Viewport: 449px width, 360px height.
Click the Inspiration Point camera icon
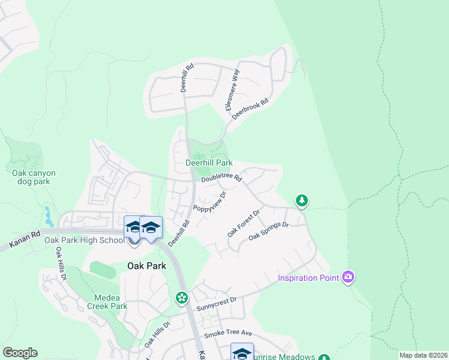pos(348,277)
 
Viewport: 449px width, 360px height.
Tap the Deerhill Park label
pos(208,163)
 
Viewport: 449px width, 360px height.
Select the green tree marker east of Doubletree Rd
pos(302,200)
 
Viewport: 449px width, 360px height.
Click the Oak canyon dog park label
pos(34,177)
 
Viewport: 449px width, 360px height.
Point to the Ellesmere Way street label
pos(233,89)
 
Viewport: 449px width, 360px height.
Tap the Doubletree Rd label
pos(221,178)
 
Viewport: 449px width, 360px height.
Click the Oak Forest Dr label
pos(243,222)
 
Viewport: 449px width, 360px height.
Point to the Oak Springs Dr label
pos(269,232)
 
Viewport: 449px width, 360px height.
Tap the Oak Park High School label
pos(85,240)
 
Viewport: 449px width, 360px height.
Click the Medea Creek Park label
pos(111,302)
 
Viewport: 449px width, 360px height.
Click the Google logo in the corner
pos(20,353)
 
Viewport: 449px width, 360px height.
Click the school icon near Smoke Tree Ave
pos(241,352)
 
